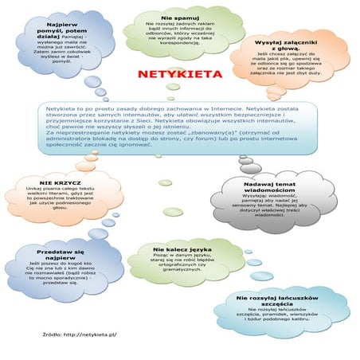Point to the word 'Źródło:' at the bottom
tap(53, 335)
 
